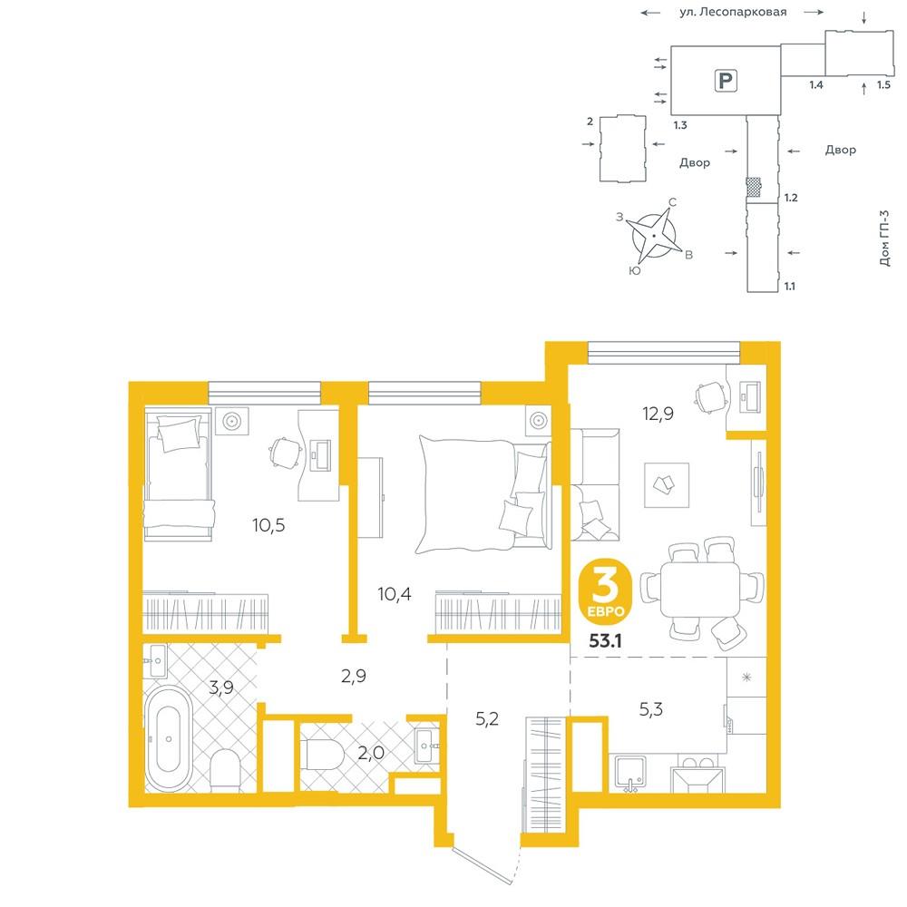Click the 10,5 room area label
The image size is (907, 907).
(x=268, y=525)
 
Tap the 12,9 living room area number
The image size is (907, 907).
(x=658, y=414)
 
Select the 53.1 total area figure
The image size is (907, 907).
(x=605, y=640)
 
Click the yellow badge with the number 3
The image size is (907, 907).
(x=605, y=591)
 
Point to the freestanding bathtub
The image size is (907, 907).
(x=168, y=738)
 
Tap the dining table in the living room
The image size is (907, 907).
(x=700, y=590)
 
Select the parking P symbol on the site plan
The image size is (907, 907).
(x=726, y=80)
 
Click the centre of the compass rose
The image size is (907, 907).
(x=654, y=236)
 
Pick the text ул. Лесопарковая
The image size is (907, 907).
(x=733, y=12)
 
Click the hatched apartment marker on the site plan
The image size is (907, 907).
(x=753, y=186)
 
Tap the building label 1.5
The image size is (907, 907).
(x=883, y=84)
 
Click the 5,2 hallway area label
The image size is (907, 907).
(x=486, y=718)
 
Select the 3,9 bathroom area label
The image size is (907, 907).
(x=221, y=688)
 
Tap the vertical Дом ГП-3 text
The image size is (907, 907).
(x=883, y=238)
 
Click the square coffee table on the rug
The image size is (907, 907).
(x=667, y=484)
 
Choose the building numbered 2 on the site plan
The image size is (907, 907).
(x=622, y=149)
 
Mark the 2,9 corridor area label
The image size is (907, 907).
(x=354, y=676)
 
